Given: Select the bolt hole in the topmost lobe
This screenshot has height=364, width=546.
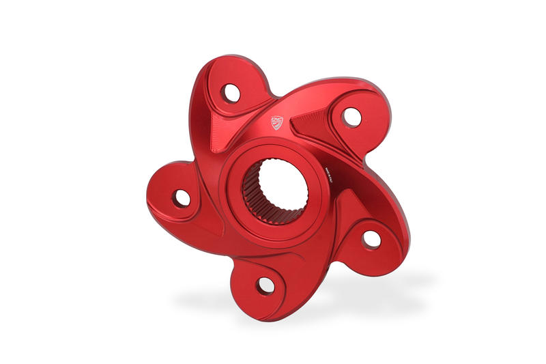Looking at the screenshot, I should tap(232, 92).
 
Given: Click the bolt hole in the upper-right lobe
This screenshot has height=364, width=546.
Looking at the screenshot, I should tap(351, 117).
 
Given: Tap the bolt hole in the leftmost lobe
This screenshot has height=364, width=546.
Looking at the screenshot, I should tap(182, 198).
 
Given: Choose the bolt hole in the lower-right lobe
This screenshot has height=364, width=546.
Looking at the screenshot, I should tap(371, 238).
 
